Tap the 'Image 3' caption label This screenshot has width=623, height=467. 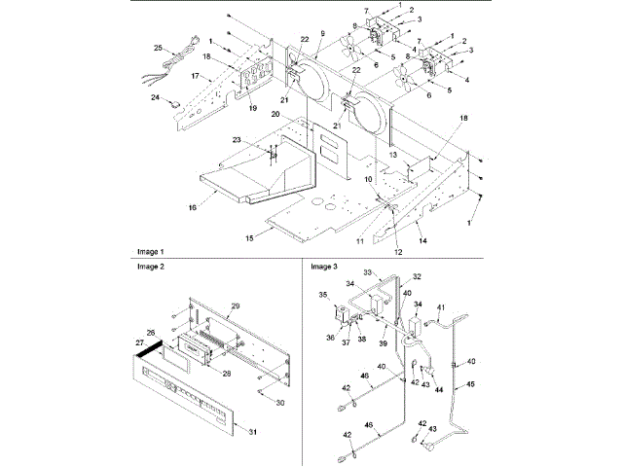coord(322,266)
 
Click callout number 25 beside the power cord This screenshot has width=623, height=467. coord(158,47)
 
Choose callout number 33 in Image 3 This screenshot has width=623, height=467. coord(369,271)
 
